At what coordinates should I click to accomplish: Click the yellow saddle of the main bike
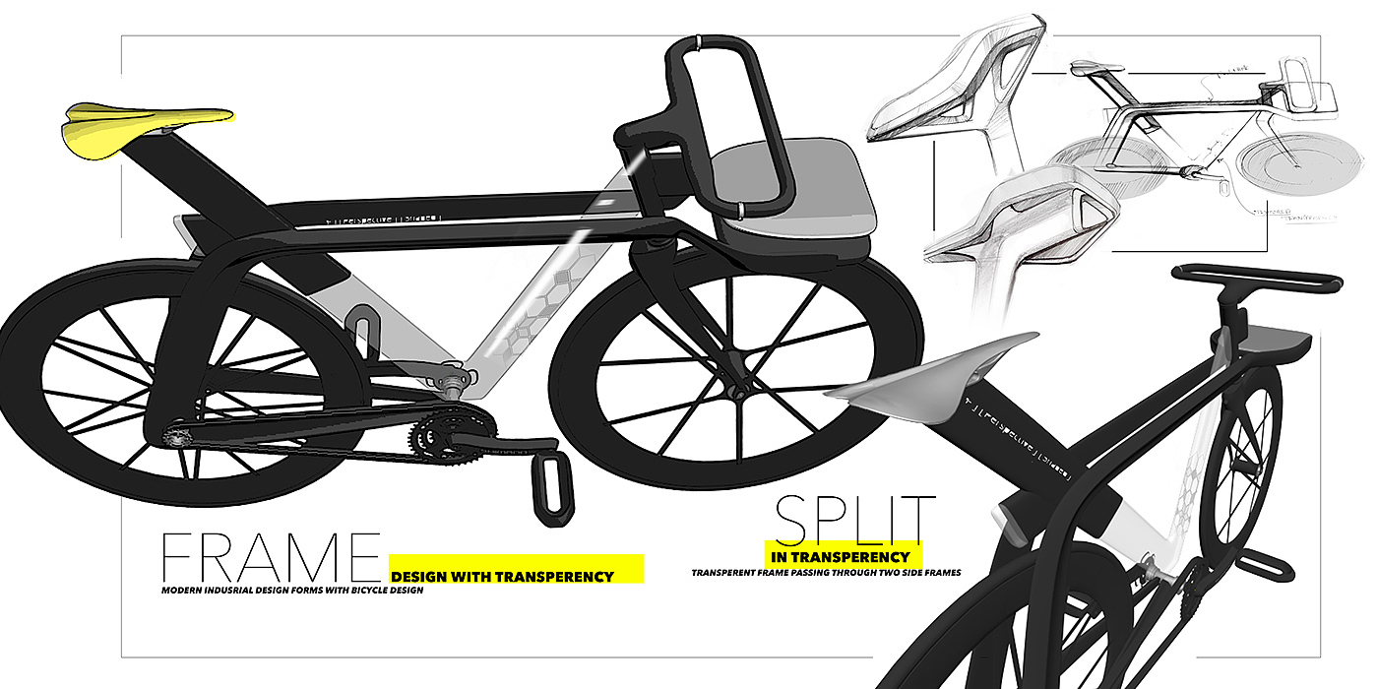(148, 122)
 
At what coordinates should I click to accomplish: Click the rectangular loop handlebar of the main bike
(728, 123)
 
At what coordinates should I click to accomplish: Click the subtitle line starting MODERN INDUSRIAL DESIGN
(292, 591)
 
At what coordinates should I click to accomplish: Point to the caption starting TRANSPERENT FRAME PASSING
(825, 572)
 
